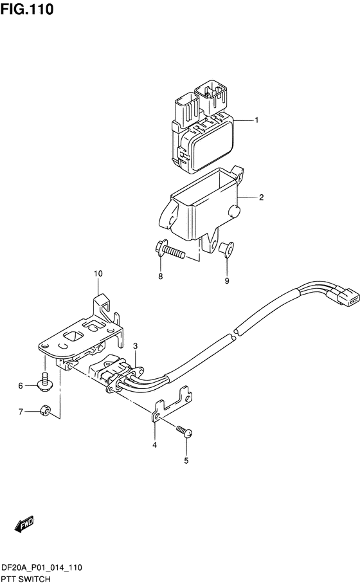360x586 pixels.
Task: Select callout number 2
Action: (x=261, y=197)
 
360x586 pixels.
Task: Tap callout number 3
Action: (x=136, y=347)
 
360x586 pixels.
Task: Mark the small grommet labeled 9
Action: (x=226, y=250)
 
